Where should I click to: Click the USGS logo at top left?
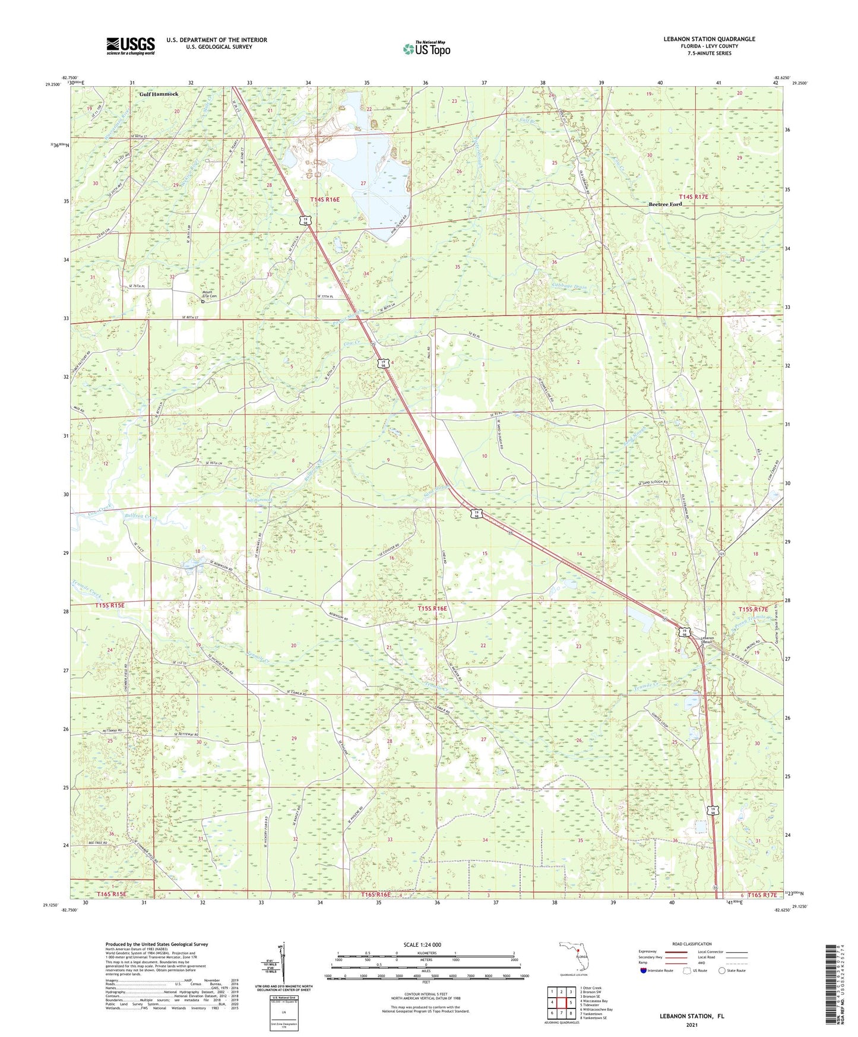point(131,46)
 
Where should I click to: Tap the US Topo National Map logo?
point(426,49)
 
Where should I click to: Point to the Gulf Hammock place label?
point(159,94)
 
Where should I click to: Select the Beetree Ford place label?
point(664,204)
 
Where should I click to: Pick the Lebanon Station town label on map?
point(705,640)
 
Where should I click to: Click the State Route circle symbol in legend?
point(722,971)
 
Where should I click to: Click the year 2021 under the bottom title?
point(691,1025)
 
